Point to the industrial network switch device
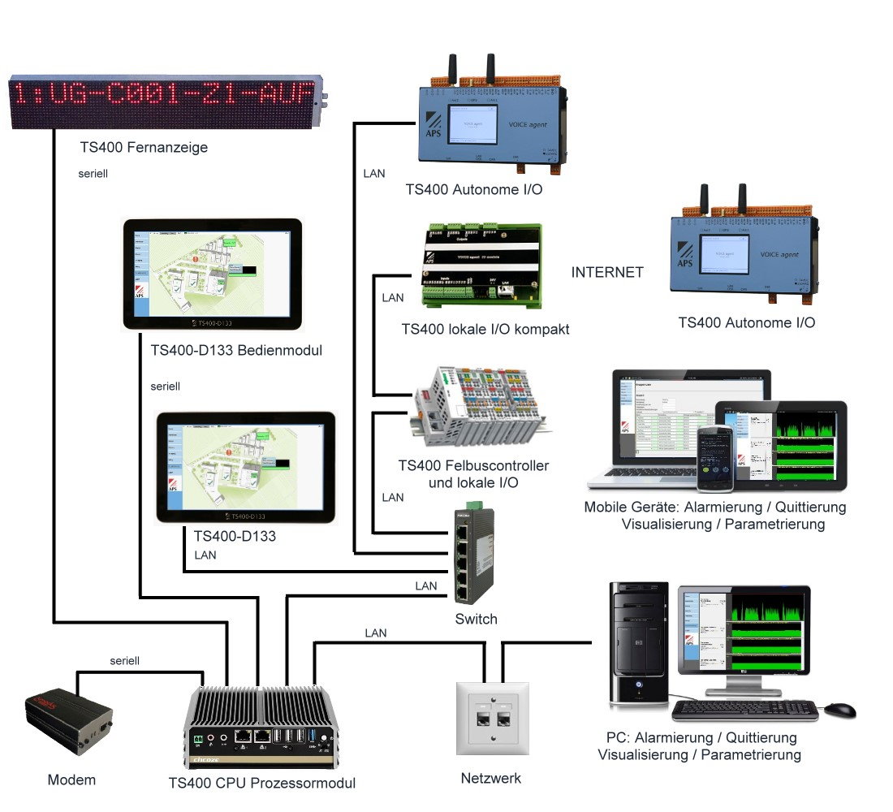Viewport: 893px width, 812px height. pos(473,556)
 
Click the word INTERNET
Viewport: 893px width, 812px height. pos(607,272)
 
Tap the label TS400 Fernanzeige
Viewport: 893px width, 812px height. pos(144,147)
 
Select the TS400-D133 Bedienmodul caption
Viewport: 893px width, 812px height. pos(236,351)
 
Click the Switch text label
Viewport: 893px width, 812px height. pos(477,620)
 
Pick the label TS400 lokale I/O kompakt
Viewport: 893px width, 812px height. pos(485,329)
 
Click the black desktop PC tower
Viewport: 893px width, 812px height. pos(640,643)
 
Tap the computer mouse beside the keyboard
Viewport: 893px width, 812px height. pos(840,710)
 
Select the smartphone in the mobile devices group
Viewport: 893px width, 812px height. pos(714,459)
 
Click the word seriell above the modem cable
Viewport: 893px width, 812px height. pos(125,661)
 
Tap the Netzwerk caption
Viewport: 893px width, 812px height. pos(490,778)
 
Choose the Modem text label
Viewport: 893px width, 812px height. pos(71,780)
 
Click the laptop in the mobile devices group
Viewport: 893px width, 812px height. pos(658,430)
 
